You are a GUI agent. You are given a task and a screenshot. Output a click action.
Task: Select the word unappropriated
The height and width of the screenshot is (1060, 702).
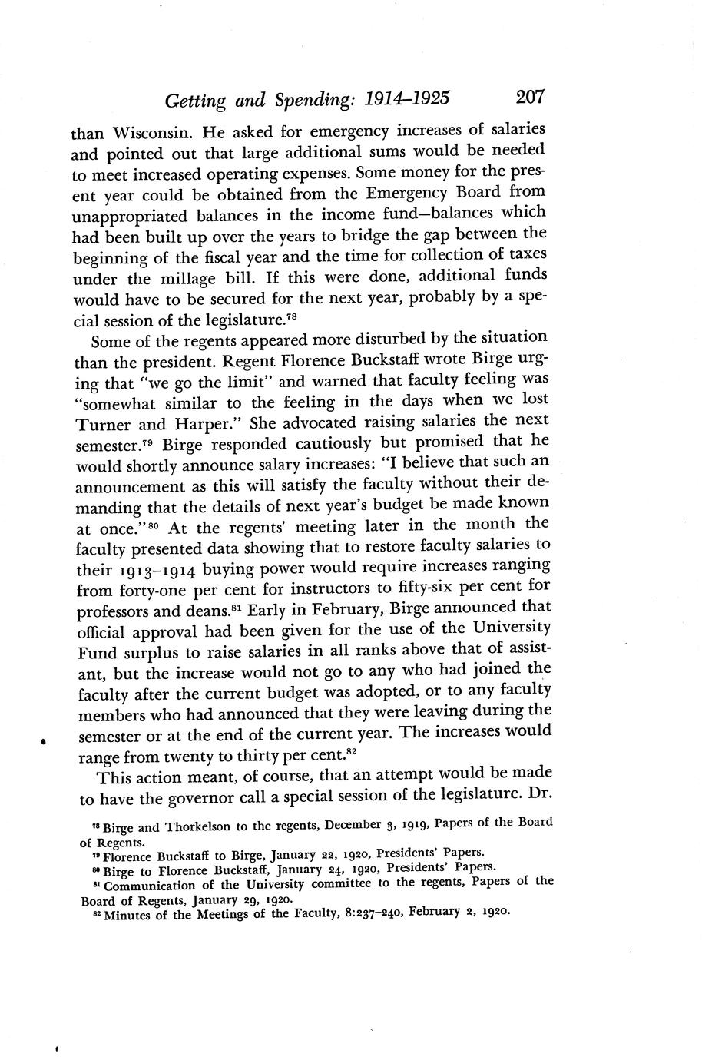click(x=131, y=215)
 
